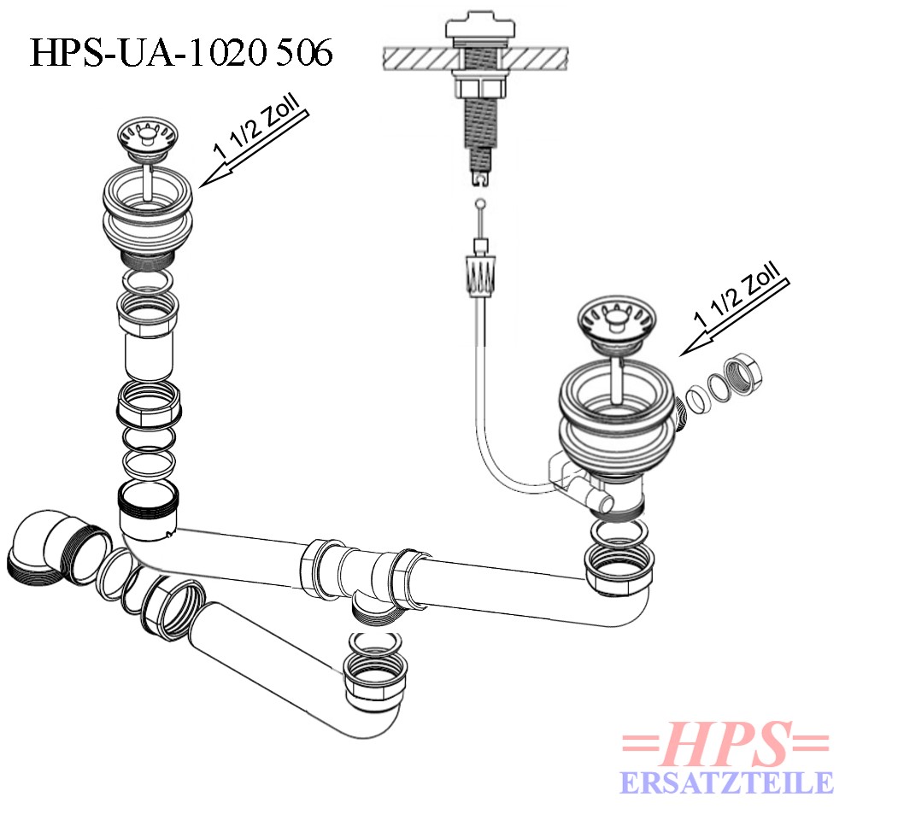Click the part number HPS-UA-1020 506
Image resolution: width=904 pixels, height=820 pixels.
click(181, 52)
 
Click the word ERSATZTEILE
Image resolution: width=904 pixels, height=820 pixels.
click(726, 783)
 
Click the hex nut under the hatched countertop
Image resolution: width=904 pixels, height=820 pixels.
click(479, 87)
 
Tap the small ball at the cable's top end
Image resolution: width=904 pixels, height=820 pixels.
click(479, 203)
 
